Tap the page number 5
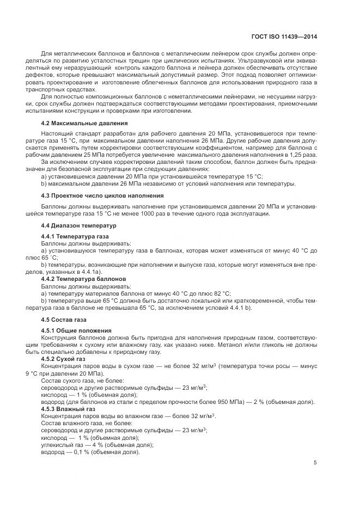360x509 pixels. tap(315, 463)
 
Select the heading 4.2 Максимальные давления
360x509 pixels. tap(77, 123)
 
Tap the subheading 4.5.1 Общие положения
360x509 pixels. tap(72, 330)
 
